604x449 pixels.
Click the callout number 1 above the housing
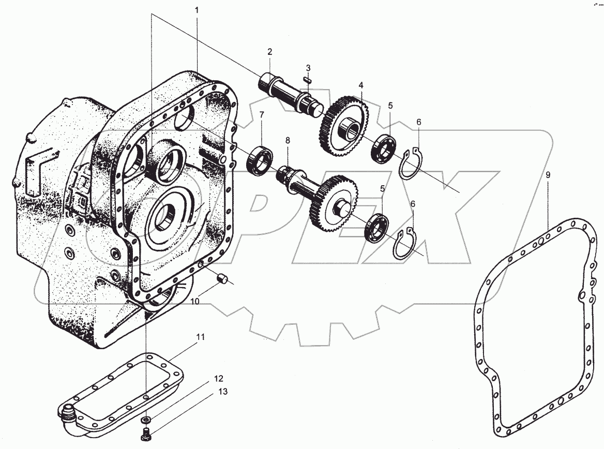pos(197,10)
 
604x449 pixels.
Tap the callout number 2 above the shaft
pos(269,52)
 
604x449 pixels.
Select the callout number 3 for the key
pos(308,68)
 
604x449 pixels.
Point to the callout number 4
pos(361,85)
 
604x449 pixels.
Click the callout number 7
pos(262,115)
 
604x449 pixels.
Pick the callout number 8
pos(288,141)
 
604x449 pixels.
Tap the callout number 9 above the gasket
pos(548,175)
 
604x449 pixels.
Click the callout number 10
pos(195,301)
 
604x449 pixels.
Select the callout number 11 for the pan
pos(200,337)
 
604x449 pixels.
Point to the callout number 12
pos(218,379)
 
